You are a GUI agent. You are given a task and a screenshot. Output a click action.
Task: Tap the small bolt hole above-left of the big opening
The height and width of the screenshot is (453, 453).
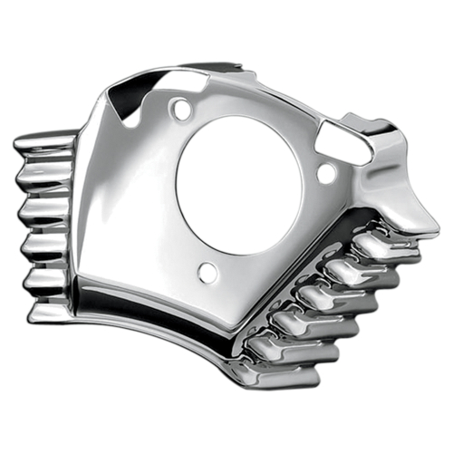[x=182, y=111]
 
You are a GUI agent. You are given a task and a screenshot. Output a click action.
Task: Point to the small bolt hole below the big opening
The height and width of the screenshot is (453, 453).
[x=207, y=272]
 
